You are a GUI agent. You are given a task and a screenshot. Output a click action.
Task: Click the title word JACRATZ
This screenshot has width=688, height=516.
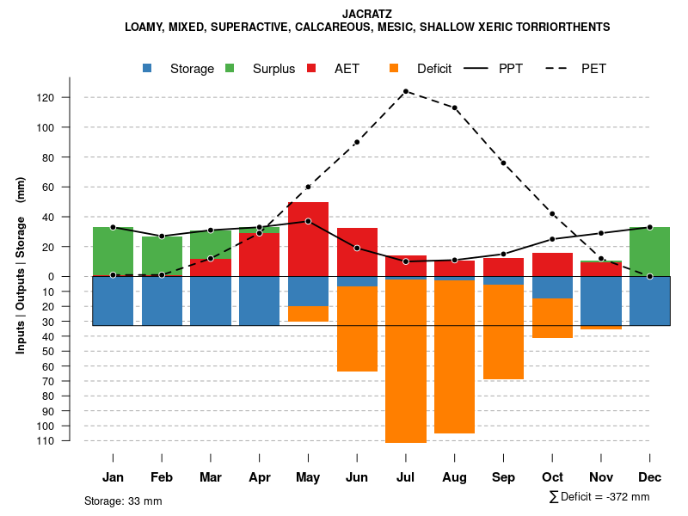[367, 14]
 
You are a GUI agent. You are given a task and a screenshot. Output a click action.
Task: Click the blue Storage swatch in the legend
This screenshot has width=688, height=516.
[148, 68]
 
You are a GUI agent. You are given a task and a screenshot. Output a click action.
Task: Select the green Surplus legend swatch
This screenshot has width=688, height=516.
[230, 68]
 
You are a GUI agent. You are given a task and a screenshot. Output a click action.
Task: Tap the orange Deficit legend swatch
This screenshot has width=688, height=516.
[395, 68]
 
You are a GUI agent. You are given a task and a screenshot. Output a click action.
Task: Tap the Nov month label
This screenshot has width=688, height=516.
[601, 477]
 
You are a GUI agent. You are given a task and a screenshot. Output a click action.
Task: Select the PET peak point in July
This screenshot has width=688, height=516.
[405, 91]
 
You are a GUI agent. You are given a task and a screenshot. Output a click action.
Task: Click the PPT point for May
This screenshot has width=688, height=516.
[308, 221]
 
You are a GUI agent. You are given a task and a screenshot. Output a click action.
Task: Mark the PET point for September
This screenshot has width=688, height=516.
[503, 163]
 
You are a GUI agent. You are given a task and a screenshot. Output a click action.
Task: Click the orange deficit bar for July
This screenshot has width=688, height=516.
[405, 361]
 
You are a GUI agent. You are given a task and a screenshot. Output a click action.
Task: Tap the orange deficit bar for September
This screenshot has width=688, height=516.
[503, 332]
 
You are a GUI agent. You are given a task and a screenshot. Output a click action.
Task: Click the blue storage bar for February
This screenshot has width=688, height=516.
[162, 301]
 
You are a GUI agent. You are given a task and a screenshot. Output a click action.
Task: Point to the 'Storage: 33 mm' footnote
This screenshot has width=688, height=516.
[123, 501]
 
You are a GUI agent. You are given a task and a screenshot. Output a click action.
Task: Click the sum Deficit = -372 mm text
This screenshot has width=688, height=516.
[599, 497]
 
